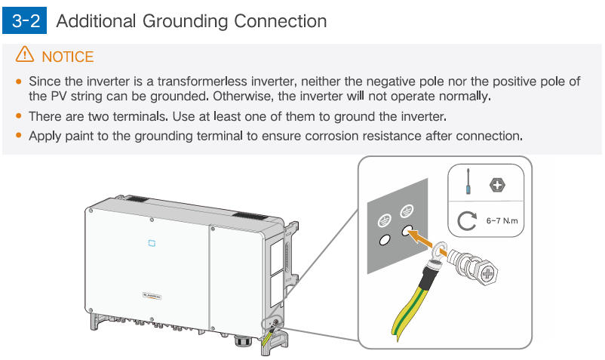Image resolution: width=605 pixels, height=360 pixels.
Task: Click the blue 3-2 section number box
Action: click(29, 20)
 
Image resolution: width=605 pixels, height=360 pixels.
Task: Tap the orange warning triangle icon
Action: click(25, 55)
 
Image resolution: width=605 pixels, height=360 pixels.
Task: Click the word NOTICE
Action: click(68, 57)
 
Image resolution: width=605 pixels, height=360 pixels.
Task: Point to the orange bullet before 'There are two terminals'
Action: click(18, 117)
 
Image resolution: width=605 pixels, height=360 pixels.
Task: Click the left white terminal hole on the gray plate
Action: click(383, 239)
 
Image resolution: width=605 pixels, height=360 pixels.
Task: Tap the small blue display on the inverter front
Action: click(150, 243)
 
